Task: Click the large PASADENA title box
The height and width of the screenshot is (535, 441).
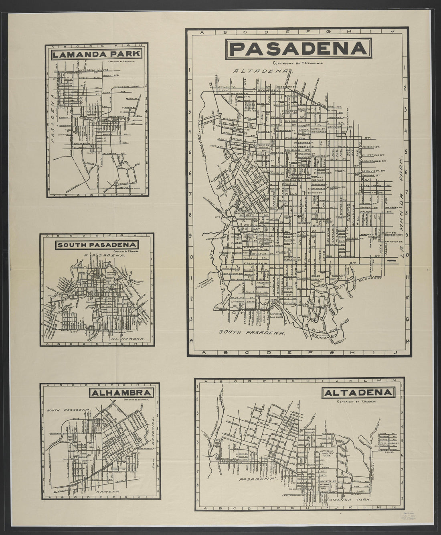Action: coord(297,49)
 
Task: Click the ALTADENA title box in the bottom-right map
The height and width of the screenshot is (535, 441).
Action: coord(358,392)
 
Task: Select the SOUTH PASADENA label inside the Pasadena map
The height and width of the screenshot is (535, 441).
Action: coord(252,333)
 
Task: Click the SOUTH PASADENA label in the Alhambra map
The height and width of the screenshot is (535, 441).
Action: coord(67,411)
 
